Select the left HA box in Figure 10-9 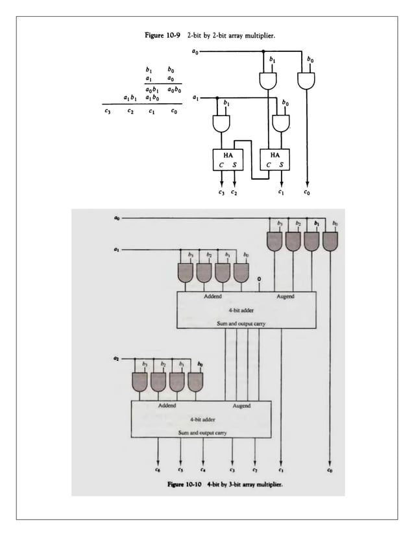pyautogui.click(x=228, y=159)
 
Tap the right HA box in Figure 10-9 pyautogui.click(x=275, y=159)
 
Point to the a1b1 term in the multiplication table pyautogui.click(x=130, y=98)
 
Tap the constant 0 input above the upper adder pyautogui.click(x=260, y=279)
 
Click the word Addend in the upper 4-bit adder pyautogui.click(x=213, y=297)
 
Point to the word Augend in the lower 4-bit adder pyautogui.click(x=241, y=406)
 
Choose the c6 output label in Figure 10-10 pyautogui.click(x=158, y=470)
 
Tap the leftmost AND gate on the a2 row pyautogui.click(x=140, y=382)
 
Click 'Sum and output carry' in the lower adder pyautogui.click(x=202, y=432)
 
